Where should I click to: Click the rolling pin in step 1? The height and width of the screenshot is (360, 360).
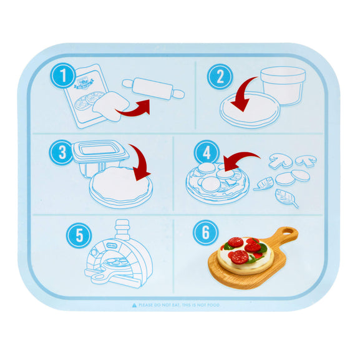coord(153,89)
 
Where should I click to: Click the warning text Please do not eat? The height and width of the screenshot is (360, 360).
coord(181,305)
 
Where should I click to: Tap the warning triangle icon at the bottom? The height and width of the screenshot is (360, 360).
coord(134,305)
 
